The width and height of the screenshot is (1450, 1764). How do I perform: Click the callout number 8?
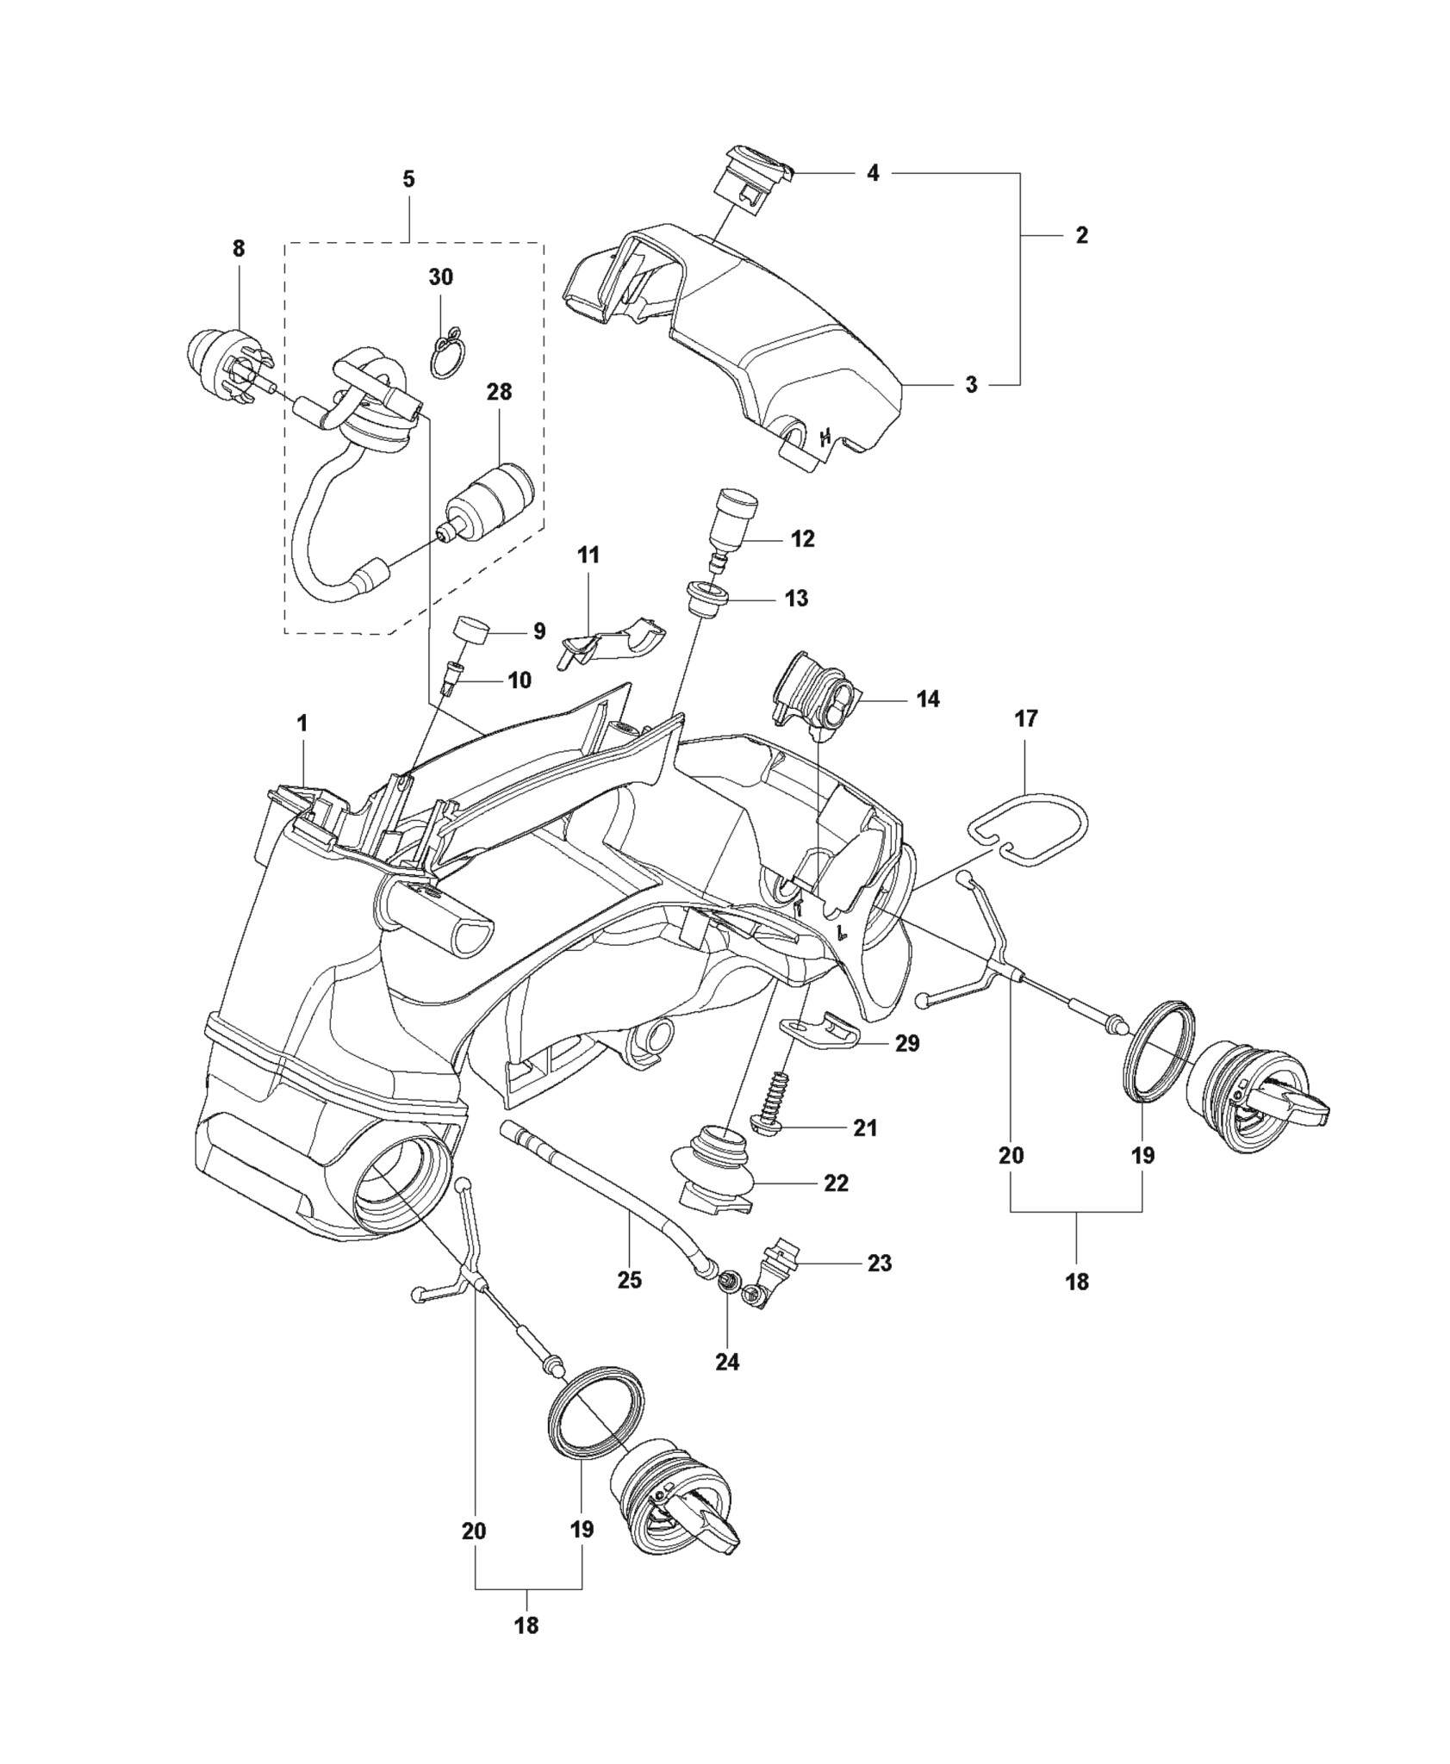click(238, 249)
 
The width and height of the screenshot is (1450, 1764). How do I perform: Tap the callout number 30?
click(440, 277)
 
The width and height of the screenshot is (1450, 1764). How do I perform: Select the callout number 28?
click(499, 392)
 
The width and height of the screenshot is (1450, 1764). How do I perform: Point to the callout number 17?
click(1026, 718)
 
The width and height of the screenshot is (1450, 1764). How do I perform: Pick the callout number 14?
click(928, 699)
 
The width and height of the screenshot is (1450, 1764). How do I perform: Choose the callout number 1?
click(302, 724)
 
